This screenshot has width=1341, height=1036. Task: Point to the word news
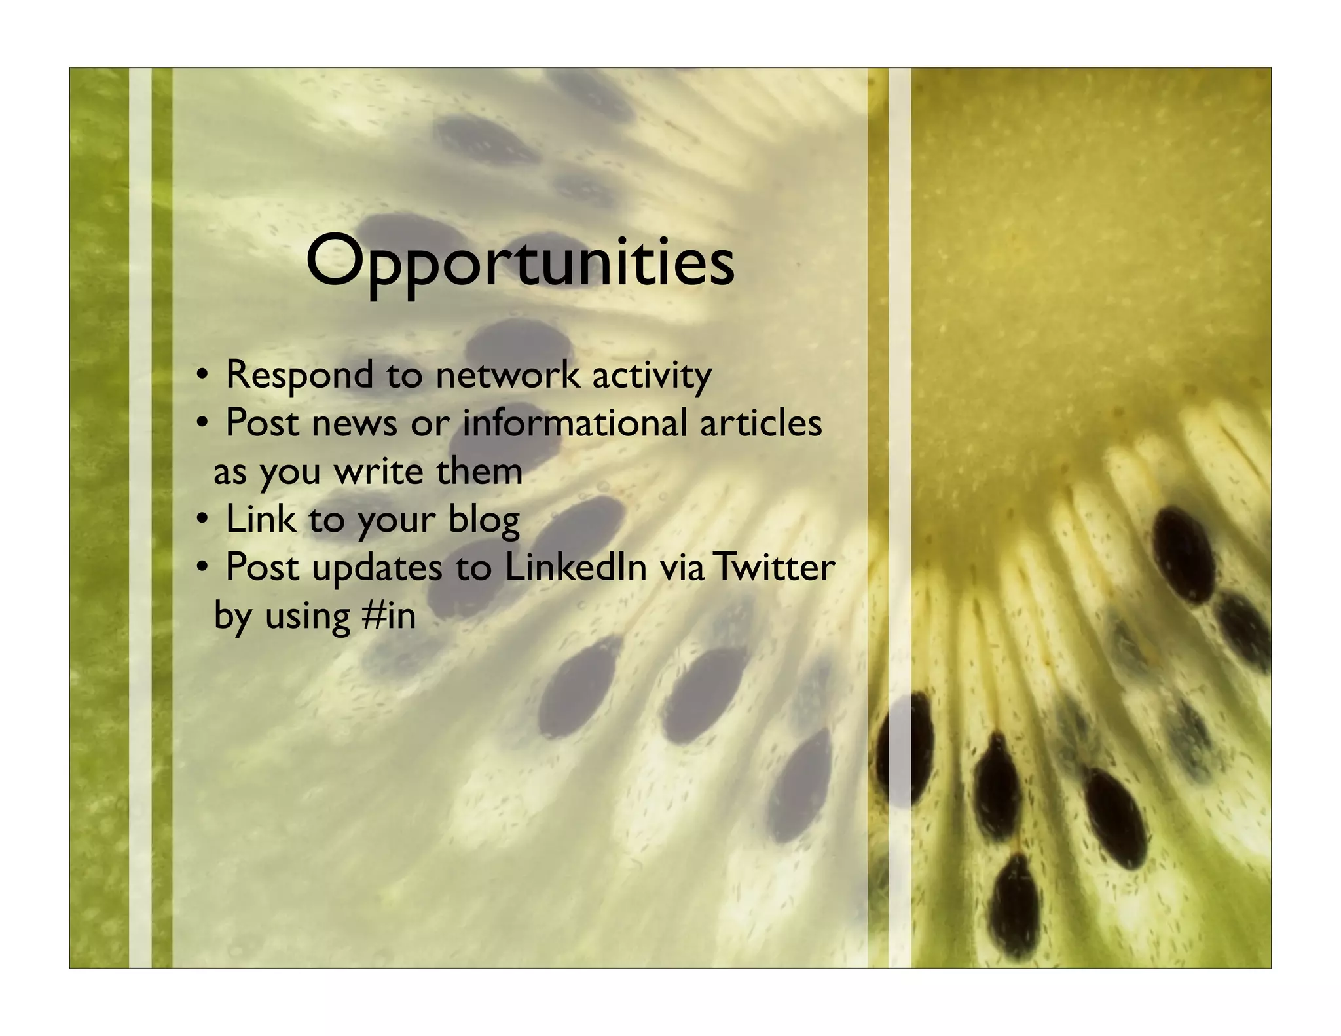pos(354,424)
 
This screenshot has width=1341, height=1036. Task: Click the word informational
pos(574,424)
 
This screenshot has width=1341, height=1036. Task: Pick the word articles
pos(760,424)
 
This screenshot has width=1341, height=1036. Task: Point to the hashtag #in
pos(388,616)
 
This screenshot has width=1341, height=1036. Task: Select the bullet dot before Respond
pos(203,376)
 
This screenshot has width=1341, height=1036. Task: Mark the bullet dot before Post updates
pos(203,568)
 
